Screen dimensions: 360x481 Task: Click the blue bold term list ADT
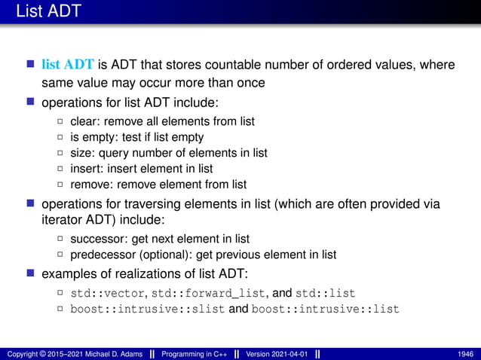click(x=69, y=65)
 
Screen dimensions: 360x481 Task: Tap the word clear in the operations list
click(x=84, y=121)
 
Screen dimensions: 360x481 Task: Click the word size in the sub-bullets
click(x=81, y=153)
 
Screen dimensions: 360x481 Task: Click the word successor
click(x=97, y=239)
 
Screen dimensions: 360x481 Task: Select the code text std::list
click(x=325, y=293)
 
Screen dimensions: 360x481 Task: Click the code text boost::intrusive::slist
click(x=147, y=309)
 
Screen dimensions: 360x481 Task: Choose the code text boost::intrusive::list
click(x=325, y=309)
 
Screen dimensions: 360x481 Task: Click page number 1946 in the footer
click(x=465, y=354)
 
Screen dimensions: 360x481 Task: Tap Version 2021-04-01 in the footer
click(x=275, y=354)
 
